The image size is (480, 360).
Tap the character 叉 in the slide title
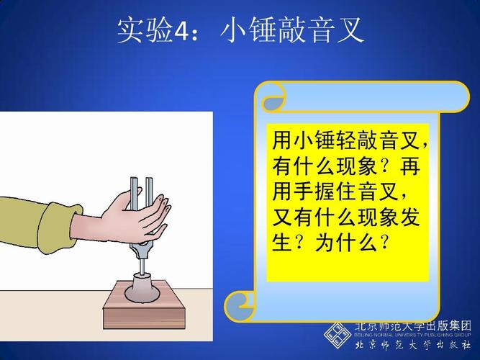click(x=349, y=30)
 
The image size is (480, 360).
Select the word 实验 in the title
click(x=145, y=30)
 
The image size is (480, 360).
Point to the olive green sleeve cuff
click(x=58, y=228)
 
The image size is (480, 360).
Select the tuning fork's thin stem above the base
click(x=142, y=264)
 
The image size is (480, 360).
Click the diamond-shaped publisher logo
click(x=338, y=336)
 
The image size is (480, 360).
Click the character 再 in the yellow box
click(x=409, y=166)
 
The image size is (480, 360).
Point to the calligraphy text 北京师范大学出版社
click(x=413, y=345)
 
